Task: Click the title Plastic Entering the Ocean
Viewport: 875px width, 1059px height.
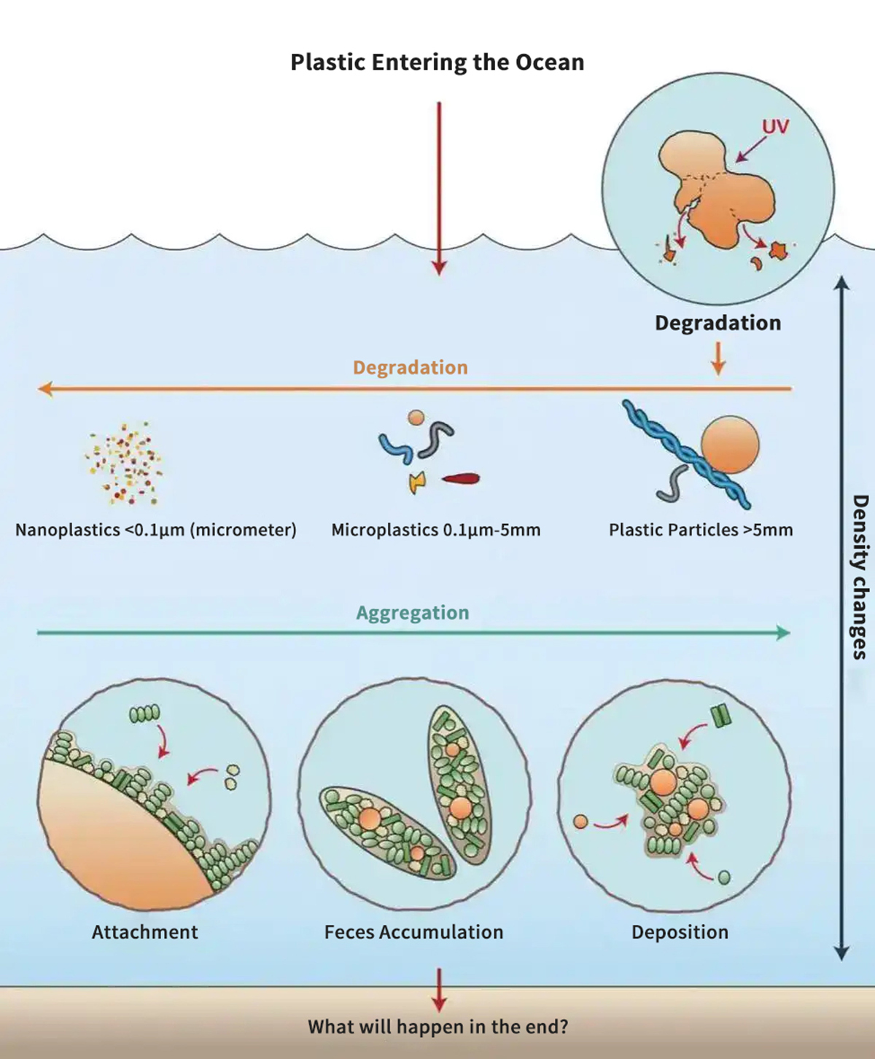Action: pyautogui.click(x=437, y=62)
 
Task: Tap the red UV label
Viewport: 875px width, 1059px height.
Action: pyautogui.click(x=775, y=127)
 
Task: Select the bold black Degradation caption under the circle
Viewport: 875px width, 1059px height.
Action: pyautogui.click(x=717, y=323)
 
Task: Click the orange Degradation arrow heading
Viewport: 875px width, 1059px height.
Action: pyautogui.click(x=411, y=367)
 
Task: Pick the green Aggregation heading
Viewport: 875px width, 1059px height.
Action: pyautogui.click(x=413, y=613)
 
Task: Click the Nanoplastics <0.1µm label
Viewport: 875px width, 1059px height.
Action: pyautogui.click(x=156, y=530)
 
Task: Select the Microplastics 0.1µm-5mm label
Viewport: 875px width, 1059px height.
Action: pyautogui.click(x=436, y=530)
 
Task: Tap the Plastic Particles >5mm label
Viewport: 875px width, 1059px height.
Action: pyautogui.click(x=701, y=530)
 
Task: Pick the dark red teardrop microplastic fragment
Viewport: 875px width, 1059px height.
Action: pyautogui.click(x=461, y=479)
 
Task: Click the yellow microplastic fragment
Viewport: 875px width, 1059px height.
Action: pyautogui.click(x=416, y=481)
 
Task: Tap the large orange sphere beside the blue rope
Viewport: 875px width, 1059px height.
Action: pyautogui.click(x=730, y=445)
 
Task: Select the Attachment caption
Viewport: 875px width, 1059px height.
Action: pyautogui.click(x=145, y=932)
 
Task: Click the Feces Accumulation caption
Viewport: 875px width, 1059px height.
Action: pyautogui.click(x=413, y=932)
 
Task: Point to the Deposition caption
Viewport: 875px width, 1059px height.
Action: pyautogui.click(x=680, y=932)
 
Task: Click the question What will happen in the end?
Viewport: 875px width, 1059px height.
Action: pyautogui.click(x=437, y=1027)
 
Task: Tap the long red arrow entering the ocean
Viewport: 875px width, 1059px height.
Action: pyautogui.click(x=439, y=189)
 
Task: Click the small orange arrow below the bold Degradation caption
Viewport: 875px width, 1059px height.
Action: pyautogui.click(x=718, y=359)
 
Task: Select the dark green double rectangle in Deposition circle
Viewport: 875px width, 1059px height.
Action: pyautogui.click(x=721, y=716)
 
